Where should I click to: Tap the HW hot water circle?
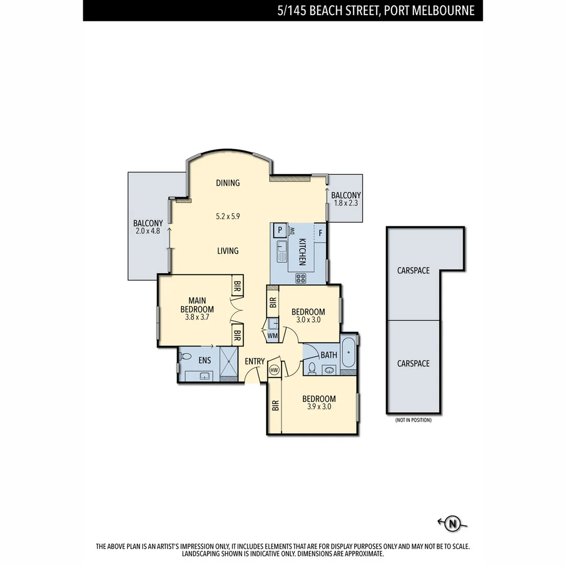tap(274, 370)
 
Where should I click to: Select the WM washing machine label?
tap(273, 335)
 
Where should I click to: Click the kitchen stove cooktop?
tap(301, 278)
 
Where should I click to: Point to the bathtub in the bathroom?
tap(348, 354)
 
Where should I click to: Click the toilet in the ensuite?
tap(184, 356)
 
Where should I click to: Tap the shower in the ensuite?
tap(228, 363)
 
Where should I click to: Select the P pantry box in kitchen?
tap(280, 230)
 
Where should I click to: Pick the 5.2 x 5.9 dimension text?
tap(227, 216)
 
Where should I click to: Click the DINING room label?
tap(227, 183)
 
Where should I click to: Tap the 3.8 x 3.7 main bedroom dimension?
tap(197, 317)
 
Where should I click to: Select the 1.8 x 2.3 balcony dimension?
tap(345, 203)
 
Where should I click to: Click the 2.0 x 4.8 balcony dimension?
tap(148, 230)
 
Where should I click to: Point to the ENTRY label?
tap(255, 361)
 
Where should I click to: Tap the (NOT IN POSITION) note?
tap(413, 420)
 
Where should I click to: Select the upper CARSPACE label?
tap(413, 270)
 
